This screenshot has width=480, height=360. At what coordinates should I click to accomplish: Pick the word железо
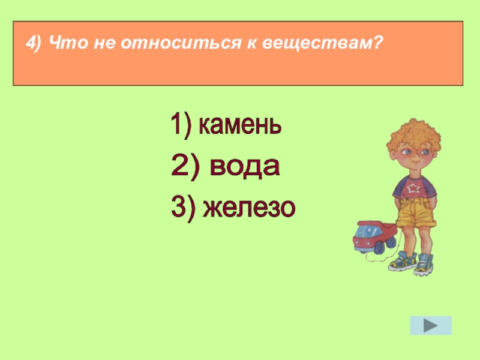(250, 208)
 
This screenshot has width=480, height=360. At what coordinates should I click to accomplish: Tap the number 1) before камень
(181, 126)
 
